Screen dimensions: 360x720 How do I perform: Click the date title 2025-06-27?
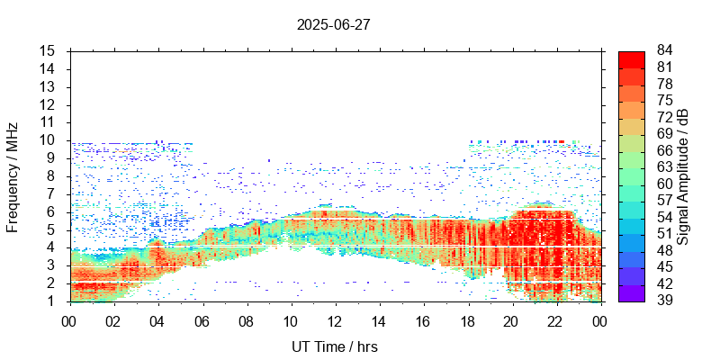pos(333,24)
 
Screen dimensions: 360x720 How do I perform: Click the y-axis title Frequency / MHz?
pos(13,176)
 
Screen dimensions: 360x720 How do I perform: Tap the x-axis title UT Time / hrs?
pos(333,346)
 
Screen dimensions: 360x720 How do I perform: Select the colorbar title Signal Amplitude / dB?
pos(683,176)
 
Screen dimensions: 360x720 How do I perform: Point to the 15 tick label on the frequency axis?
pos(49,51)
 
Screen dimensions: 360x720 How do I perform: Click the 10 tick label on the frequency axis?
pos(49,140)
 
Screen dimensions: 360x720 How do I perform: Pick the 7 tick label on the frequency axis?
pos(52,194)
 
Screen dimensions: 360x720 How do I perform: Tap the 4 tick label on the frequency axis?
pos(52,247)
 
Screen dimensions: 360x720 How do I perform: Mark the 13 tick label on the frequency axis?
pos(49,87)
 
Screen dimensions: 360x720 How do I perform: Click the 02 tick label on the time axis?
pos(113,320)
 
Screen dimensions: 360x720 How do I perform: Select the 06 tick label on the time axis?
pos(202,320)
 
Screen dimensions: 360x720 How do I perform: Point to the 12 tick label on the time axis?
pos(335,320)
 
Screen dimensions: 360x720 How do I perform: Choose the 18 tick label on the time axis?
pos(467,320)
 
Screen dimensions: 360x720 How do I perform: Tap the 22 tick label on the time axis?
pos(555,320)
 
